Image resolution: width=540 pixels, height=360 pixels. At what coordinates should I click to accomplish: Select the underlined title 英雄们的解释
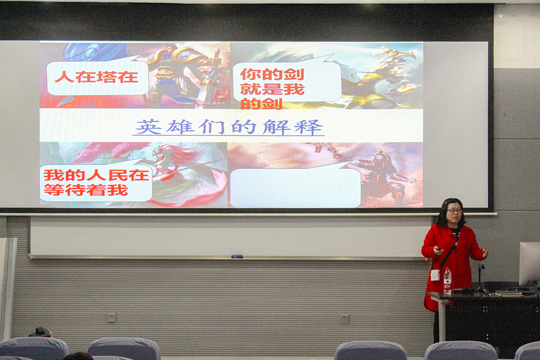[228, 127]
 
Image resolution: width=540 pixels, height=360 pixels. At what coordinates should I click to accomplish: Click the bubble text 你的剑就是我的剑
[272, 89]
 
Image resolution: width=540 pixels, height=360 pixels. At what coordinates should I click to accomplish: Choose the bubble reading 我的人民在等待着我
[96, 182]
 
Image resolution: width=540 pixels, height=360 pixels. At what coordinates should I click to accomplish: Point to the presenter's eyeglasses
[454, 210]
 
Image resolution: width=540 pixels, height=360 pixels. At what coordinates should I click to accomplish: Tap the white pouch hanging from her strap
[435, 275]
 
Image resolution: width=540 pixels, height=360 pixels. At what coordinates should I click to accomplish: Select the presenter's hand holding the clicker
[438, 251]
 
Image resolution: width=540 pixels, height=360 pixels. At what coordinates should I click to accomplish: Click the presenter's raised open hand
[484, 253]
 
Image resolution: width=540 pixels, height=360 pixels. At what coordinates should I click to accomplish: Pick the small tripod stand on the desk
[480, 280]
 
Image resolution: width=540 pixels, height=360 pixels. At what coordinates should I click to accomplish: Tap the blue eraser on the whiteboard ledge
[237, 256]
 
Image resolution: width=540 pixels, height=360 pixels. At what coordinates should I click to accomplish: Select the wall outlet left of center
[111, 318]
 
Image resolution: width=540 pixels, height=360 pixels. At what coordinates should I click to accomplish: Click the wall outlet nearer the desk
[343, 319]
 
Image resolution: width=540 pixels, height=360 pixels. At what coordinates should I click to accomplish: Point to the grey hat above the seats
[40, 332]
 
